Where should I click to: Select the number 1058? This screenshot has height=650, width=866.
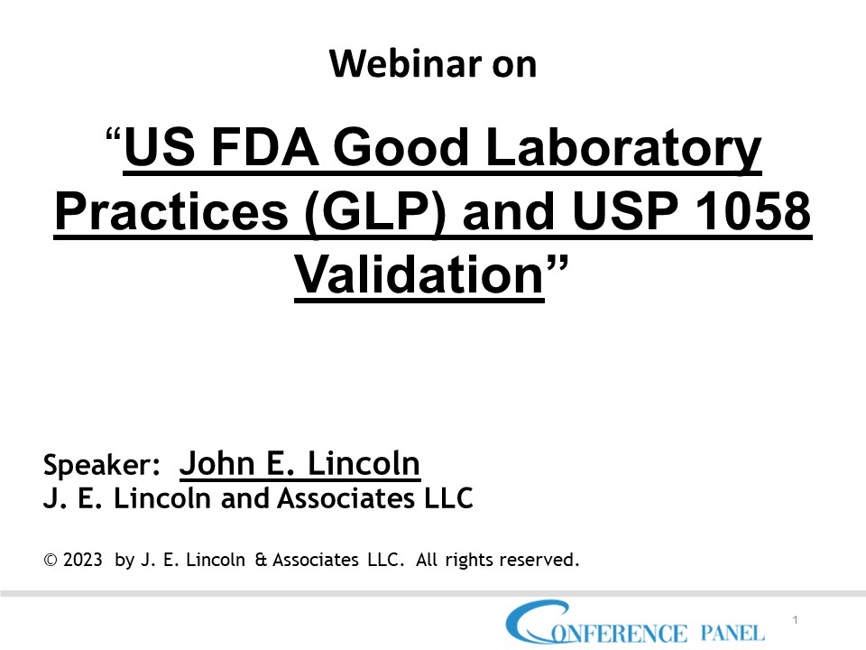click(x=759, y=216)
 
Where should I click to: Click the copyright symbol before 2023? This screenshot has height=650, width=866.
click(x=50, y=561)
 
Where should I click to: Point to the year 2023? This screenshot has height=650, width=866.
click(x=83, y=561)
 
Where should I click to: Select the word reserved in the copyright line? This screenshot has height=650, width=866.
click(x=539, y=561)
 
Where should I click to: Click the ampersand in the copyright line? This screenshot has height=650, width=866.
click(x=261, y=561)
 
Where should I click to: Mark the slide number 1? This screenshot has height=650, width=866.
click(x=796, y=620)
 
